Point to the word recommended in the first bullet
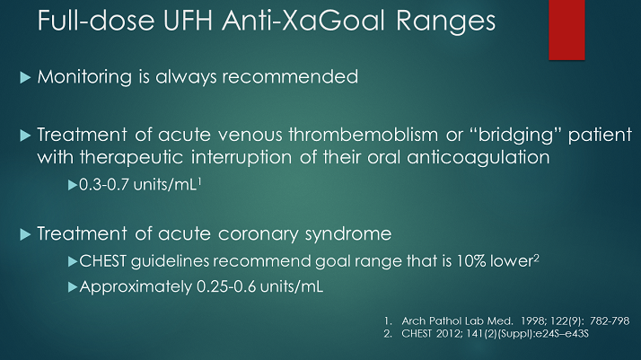(292, 77)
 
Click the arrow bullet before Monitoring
(24, 78)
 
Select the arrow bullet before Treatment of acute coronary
(24, 236)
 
